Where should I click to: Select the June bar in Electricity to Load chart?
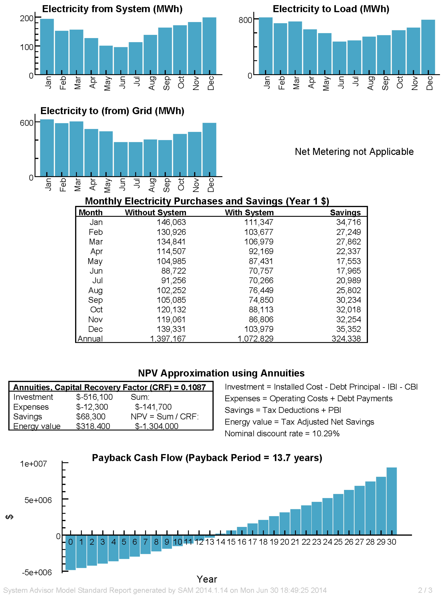click(x=339, y=58)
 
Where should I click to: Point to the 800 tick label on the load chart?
click(x=245, y=20)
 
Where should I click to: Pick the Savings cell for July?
click(x=348, y=281)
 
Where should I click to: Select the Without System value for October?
click(x=171, y=310)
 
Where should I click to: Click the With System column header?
click(x=249, y=213)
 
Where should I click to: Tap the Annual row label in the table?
click(x=90, y=339)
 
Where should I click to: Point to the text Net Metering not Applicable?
click(x=354, y=152)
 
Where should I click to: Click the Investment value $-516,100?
click(x=94, y=397)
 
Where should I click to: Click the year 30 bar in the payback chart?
click(x=391, y=501)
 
